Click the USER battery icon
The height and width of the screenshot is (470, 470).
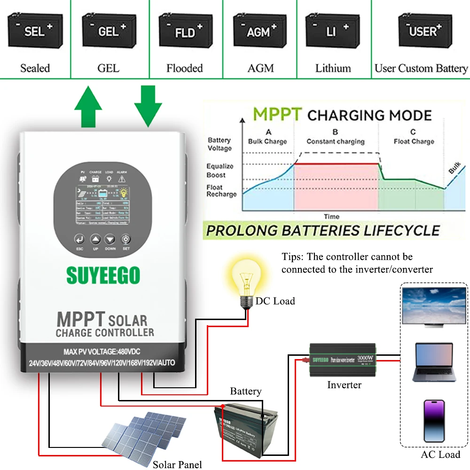421,32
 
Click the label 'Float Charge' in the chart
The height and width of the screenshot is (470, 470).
414,141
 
